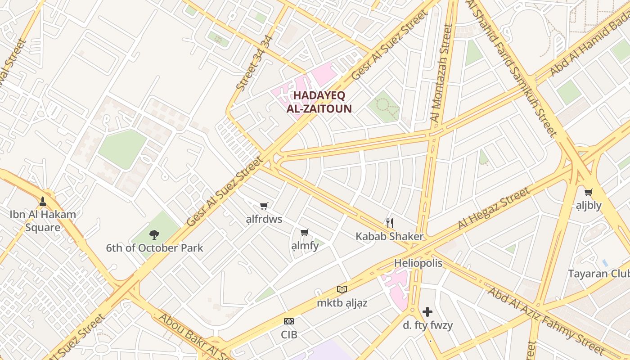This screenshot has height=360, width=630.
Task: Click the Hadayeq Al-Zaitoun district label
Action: (319, 102)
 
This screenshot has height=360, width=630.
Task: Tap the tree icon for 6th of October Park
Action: (154, 234)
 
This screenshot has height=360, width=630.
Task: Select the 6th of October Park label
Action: (154, 248)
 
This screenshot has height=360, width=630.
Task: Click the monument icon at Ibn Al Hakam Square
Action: (43, 201)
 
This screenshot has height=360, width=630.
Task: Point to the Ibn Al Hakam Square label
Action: (43, 221)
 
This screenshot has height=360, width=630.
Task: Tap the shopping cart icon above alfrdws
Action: (264, 206)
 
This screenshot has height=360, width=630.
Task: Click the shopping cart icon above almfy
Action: (305, 233)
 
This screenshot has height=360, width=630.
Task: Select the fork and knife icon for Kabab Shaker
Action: (390, 223)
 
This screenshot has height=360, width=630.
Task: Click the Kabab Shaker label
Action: (390, 236)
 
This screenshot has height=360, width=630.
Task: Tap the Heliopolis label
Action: (418, 263)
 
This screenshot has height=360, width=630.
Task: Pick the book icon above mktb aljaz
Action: (342, 289)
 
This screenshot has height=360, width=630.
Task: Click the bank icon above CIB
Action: (289, 321)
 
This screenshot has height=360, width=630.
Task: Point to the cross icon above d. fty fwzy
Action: (427, 311)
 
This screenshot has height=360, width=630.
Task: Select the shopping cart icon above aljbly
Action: (588, 193)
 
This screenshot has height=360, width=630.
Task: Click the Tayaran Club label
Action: (598, 274)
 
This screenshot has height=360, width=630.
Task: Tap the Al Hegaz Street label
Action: (494, 209)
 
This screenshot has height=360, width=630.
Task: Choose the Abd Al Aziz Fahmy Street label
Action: (546, 320)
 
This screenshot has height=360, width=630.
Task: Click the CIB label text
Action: (289, 335)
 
